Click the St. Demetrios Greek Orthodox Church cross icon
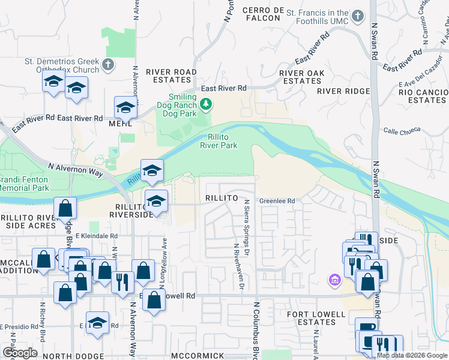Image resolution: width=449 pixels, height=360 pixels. (x=108, y=64)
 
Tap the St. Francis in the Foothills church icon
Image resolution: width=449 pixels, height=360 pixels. (x=358, y=16)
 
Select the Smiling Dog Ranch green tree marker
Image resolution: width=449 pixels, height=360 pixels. (x=206, y=105)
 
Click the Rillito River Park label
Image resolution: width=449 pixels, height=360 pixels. (x=218, y=140)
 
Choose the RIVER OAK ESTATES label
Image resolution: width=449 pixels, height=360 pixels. (x=302, y=77)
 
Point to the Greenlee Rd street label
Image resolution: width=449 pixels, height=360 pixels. (x=277, y=201)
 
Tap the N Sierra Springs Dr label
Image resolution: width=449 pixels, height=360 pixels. (x=246, y=225)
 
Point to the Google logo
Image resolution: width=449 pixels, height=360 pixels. (x=20, y=353)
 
